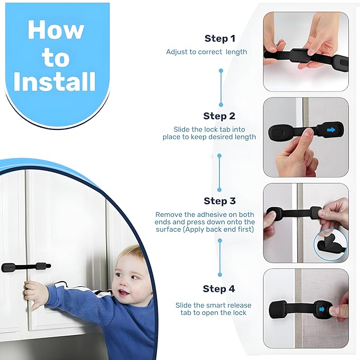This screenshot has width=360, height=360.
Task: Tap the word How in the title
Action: point(56,30)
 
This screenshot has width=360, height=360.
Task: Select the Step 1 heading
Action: point(219,38)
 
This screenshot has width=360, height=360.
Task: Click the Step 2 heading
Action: point(219,116)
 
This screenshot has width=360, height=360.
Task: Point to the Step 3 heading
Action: point(219,201)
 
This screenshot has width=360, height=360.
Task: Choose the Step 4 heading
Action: point(218,289)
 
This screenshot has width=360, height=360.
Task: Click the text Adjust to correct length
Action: point(206,52)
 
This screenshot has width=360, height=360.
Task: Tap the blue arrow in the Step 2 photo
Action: point(331,129)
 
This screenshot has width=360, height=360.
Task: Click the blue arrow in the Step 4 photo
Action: point(321,308)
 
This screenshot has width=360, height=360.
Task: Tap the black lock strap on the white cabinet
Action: point(25,267)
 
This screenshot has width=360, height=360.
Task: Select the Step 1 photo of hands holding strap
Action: point(306,51)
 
